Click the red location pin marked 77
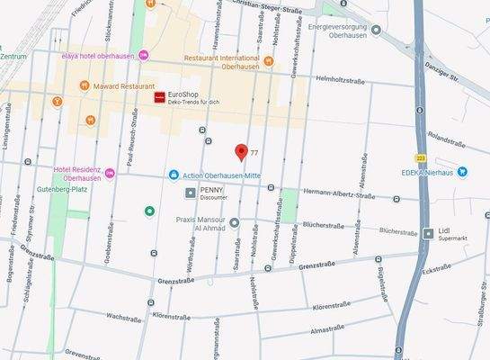241,151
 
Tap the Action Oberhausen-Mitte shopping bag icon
173,174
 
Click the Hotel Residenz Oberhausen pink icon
110,173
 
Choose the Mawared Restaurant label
118,86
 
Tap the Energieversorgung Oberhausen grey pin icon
376,29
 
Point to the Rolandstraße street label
450,139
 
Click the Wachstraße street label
123,318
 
